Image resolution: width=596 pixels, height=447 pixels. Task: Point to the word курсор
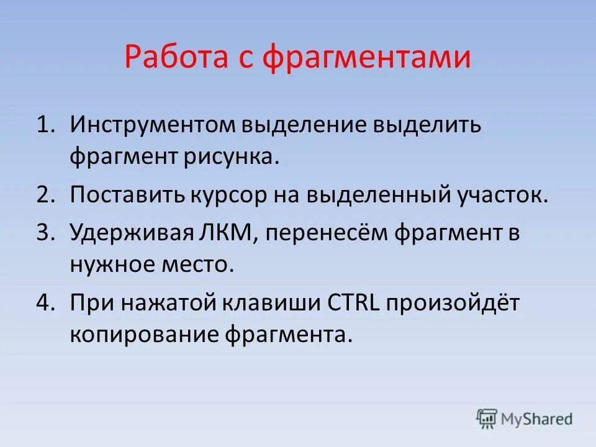(229, 195)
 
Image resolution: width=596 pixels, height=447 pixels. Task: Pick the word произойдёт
(454, 304)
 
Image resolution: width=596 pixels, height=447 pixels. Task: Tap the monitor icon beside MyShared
(487, 418)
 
